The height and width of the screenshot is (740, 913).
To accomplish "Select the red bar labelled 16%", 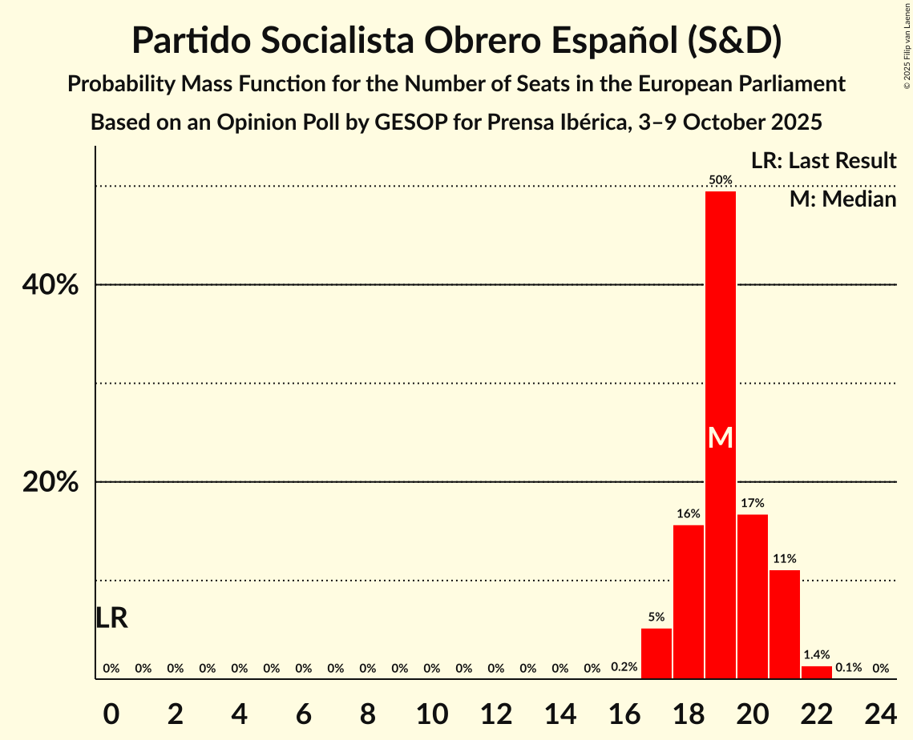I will [689, 601].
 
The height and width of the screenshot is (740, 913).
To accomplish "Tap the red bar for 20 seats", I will [753, 597].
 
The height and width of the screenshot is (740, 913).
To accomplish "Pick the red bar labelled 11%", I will [785, 624].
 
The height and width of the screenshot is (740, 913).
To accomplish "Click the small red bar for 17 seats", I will [656, 654].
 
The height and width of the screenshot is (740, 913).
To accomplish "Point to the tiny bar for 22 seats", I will [817, 673].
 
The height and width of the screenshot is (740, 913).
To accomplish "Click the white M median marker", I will [721, 437].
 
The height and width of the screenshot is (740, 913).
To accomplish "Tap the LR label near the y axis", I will [111, 618].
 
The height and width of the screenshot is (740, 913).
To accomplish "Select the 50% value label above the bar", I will [721, 180].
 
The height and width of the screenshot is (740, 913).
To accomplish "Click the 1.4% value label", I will [817, 655].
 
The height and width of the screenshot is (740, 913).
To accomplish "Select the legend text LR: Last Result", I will [823, 161].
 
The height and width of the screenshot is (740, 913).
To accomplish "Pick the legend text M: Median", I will [842, 199].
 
